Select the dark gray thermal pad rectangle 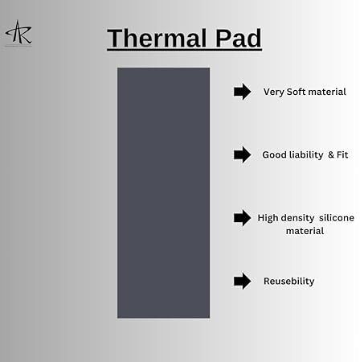point(163,192)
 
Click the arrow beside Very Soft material point(242,92)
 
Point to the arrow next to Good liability point(242,154)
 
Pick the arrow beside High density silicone point(242,218)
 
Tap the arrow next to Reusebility point(242,281)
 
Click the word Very point(273,92)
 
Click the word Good point(275,154)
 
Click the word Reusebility point(288,282)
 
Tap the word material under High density point(305,231)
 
